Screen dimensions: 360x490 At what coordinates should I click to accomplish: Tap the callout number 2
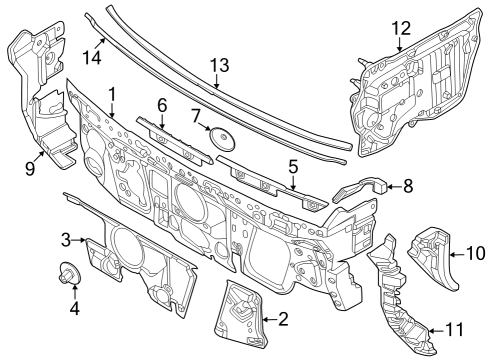tap(283, 320)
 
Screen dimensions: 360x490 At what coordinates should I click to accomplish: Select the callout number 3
tap(65, 239)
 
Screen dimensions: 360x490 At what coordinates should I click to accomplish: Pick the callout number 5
tap(293, 167)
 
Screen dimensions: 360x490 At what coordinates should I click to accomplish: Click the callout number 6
tap(161, 103)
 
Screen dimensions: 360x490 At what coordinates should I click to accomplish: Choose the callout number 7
tap(196, 117)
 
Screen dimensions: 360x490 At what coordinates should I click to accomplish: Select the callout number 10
tap(474, 255)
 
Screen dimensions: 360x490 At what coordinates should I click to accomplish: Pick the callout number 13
tap(219, 65)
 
